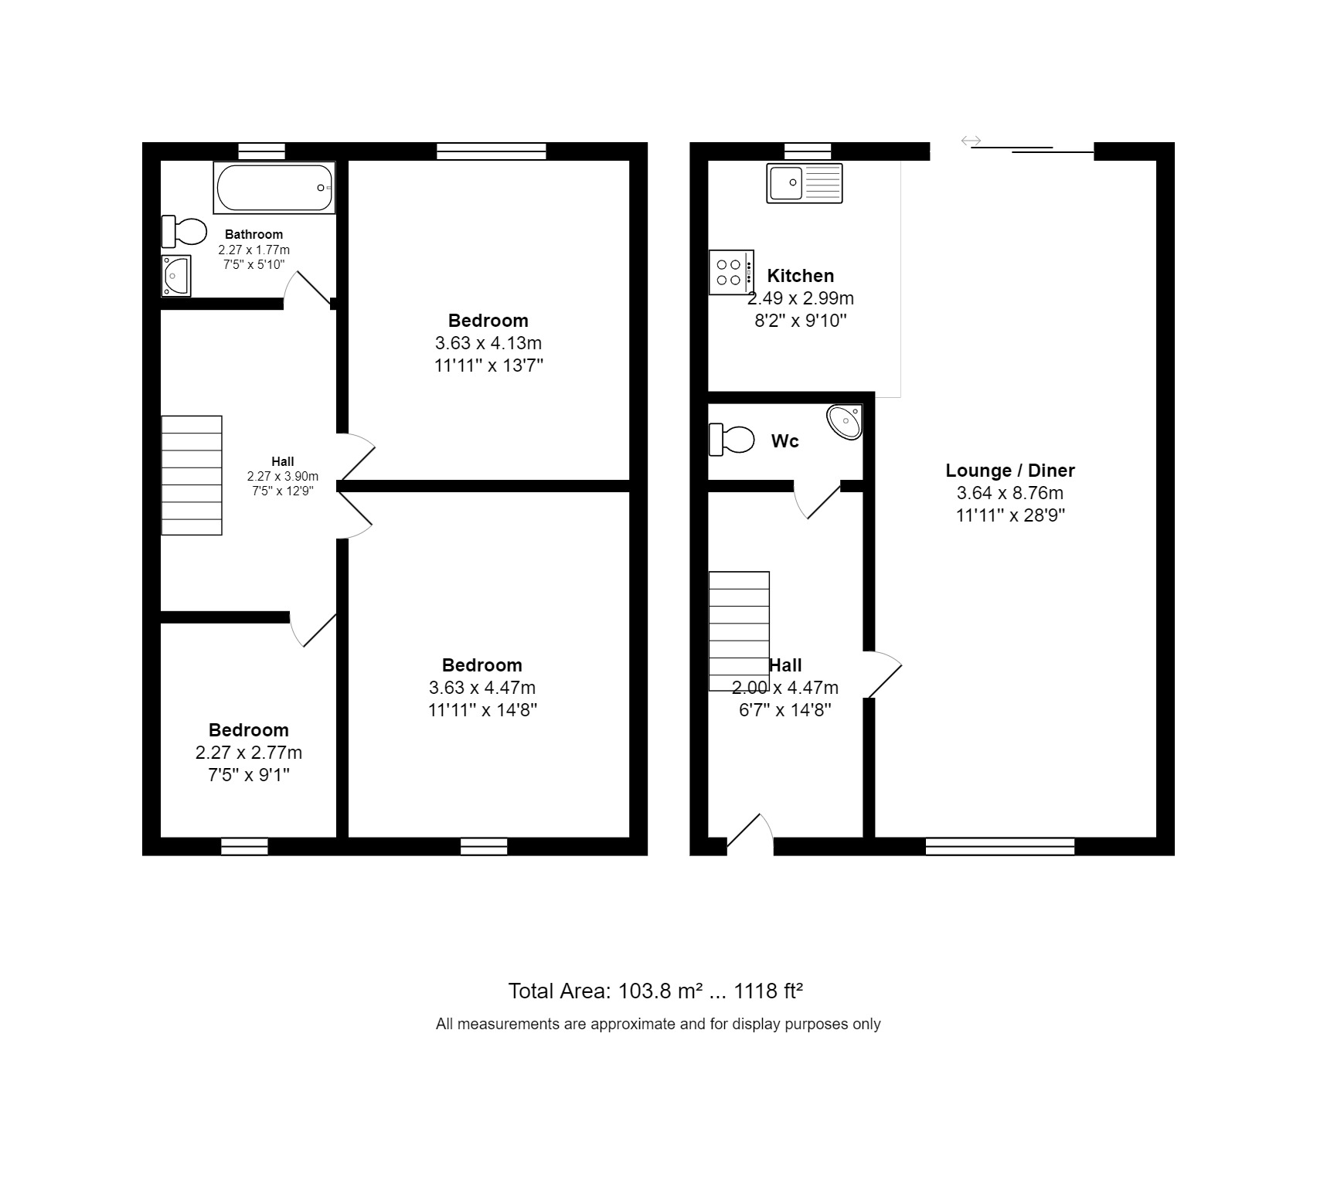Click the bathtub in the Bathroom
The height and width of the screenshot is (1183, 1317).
click(274, 188)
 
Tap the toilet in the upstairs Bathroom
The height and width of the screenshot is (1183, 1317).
click(185, 231)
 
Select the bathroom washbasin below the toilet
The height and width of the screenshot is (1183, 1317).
click(176, 276)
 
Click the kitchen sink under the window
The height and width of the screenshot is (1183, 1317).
click(804, 183)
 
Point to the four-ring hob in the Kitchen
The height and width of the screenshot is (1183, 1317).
click(730, 272)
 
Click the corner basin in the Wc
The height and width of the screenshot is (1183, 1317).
click(846, 422)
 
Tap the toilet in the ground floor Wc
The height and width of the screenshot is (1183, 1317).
click(731, 439)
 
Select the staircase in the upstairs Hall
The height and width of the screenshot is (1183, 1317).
click(192, 475)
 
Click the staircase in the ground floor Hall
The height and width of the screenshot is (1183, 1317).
click(739, 631)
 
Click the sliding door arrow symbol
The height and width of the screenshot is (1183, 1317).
click(971, 141)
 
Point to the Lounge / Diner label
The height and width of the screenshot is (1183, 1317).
click(1009, 471)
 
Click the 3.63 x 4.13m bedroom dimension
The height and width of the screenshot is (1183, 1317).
click(488, 343)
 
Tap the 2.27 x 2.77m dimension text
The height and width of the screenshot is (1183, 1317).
click(248, 753)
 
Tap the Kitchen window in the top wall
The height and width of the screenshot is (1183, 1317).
click(808, 151)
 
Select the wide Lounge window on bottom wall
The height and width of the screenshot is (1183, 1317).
click(1000, 847)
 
